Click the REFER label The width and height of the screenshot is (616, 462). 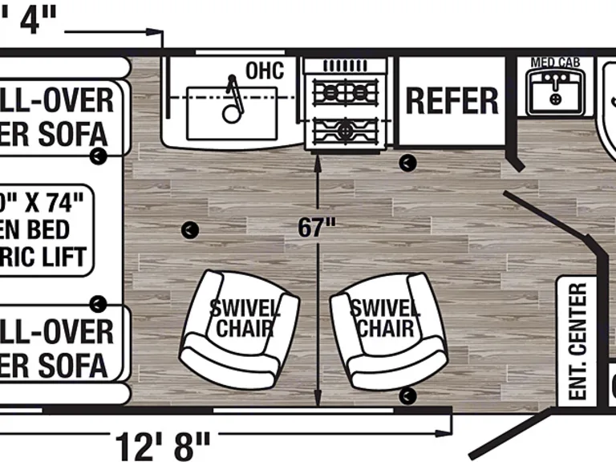point(452,101)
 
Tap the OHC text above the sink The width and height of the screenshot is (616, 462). point(264,71)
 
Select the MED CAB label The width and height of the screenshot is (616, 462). point(555,63)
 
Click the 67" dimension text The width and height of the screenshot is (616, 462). point(316,228)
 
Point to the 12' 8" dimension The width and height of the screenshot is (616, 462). point(162,444)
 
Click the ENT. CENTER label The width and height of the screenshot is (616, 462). point(577,341)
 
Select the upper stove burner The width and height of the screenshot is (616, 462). point(344,93)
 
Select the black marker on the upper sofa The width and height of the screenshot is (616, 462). point(98,156)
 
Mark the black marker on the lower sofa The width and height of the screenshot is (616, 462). point(98,303)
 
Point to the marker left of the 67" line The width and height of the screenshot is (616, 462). point(188,230)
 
